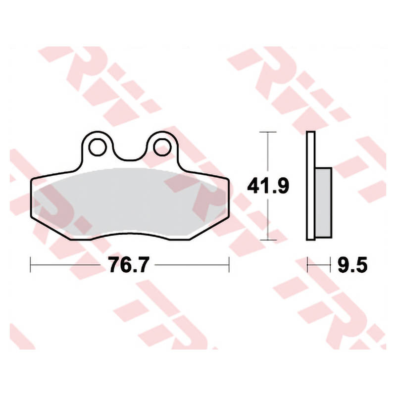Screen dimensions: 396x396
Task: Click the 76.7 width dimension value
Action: [128, 264]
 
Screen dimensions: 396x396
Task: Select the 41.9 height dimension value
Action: [268, 187]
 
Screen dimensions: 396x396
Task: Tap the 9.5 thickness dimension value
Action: [352, 264]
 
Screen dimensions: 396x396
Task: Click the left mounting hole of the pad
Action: [98, 147]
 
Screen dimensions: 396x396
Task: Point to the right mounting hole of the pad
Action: [163, 147]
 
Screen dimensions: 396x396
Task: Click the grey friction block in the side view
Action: [324, 202]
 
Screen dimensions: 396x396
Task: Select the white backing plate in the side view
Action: [311, 186]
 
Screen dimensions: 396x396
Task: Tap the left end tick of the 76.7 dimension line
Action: [30, 265]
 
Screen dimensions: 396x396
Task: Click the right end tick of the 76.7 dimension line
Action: [229, 265]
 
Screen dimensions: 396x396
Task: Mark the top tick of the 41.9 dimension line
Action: [268, 132]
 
